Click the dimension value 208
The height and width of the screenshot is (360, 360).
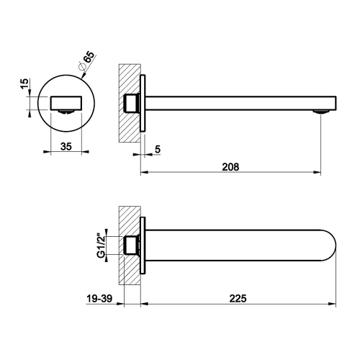(x=230, y=166)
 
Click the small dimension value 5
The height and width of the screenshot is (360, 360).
(x=158, y=150)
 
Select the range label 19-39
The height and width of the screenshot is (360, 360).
(x=95, y=297)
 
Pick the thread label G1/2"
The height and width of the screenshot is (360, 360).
(x=101, y=246)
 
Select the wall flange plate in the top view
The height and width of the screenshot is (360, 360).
(x=144, y=246)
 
